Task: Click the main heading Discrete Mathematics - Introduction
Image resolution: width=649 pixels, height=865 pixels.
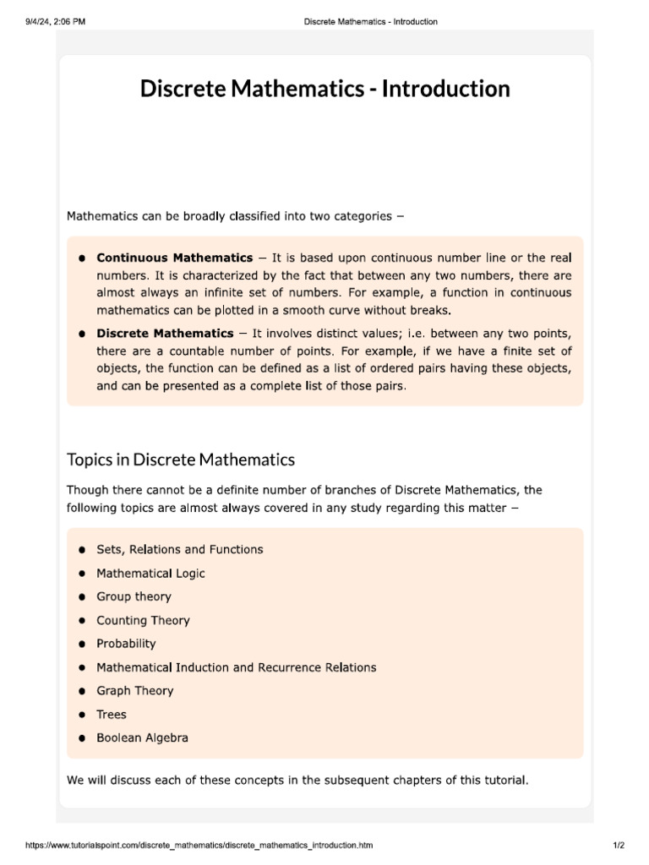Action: tap(324, 89)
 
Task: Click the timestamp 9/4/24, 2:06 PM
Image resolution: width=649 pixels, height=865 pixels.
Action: tap(56, 21)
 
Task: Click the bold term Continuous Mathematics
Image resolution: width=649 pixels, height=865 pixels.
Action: tap(174, 258)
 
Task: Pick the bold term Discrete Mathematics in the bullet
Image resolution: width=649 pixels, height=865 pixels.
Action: tap(165, 334)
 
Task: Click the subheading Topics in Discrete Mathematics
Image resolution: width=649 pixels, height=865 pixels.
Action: tap(181, 460)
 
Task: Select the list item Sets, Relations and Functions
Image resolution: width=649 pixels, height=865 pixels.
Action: tap(179, 549)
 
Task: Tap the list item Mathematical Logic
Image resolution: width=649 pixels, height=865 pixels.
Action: tap(150, 573)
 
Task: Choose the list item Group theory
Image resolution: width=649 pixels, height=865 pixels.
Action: tap(134, 596)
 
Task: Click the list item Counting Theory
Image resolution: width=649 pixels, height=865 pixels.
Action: tap(143, 620)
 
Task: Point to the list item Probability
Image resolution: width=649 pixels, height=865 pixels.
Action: tap(126, 644)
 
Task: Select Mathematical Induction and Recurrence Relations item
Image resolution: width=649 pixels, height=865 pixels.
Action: tap(236, 667)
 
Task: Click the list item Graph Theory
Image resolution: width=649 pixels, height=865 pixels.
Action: tap(134, 691)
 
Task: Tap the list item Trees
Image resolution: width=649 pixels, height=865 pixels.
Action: tap(112, 715)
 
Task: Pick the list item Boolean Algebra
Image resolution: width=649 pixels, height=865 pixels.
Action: tap(142, 738)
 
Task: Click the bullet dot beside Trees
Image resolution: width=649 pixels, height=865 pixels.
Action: tap(82, 715)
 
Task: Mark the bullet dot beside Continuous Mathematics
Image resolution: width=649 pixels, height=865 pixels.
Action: tap(82, 258)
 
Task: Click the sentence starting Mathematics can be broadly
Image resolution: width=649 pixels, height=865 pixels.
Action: tap(235, 216)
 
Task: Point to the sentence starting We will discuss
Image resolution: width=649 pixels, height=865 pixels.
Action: tap(297, 780)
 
